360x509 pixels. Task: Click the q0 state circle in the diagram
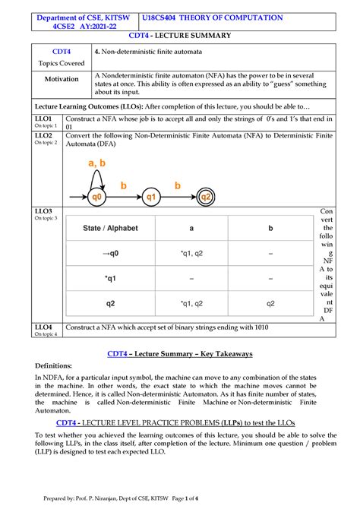pyautogui.click(x=97, y=197)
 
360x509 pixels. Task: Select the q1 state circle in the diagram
pyautogui.click(x=151, y=197)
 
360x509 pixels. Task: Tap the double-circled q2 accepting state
pyautogui.click(x=206, y=197)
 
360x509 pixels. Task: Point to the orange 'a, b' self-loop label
pyautogui.click(x=97, y=163)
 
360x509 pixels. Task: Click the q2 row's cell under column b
pyautogui.click(x=270, y=303)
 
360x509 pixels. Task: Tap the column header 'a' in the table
pyautogui.click(x=191, y=227)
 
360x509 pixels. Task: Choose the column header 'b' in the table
pyautogui.click(x=270, y=227)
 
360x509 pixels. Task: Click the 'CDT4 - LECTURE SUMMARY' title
pyautogui.click(x=180, y=36)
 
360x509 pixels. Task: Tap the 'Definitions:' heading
pyautogui.click(x=57, y=365)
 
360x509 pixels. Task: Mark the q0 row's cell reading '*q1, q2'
pyautogui.click(x=191, y=253)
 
